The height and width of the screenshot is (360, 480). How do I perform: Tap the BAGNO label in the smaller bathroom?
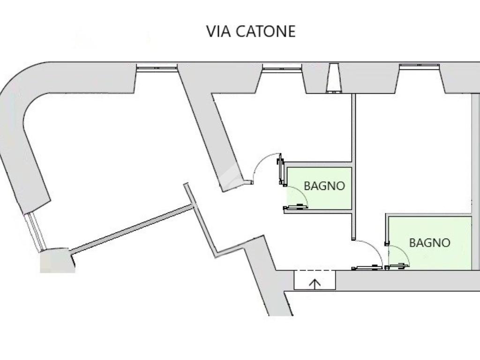[324, 186]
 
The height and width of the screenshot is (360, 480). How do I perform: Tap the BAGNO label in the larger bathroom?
[429, 243]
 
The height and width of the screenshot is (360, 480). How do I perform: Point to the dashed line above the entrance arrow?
[315, 270]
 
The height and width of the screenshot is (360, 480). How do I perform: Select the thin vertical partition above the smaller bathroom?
[353, 127]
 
